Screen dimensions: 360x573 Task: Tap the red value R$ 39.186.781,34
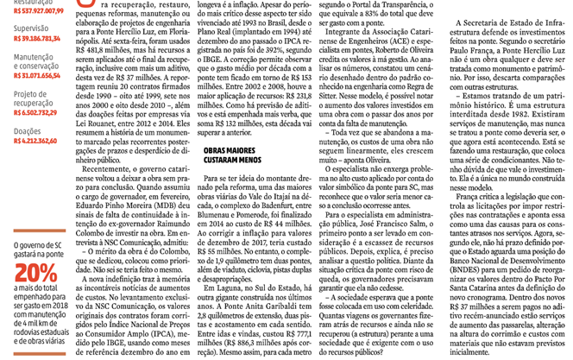(x=35, y=40)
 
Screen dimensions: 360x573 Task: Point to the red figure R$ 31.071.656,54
(x=35, y=75)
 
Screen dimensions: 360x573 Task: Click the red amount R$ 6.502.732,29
(x=35, y=112)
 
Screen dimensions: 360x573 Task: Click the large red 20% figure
(x=35, y=275)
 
